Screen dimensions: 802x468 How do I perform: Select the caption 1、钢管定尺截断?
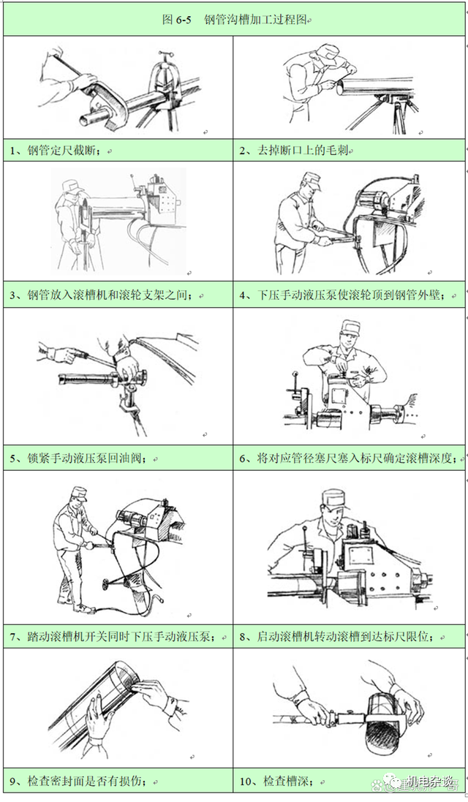[62, 151]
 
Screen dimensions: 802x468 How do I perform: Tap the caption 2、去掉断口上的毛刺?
[297, 151]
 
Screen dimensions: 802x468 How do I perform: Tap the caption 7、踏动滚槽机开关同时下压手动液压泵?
[113, 636]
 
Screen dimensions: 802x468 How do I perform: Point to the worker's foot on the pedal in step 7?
[80, 608]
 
